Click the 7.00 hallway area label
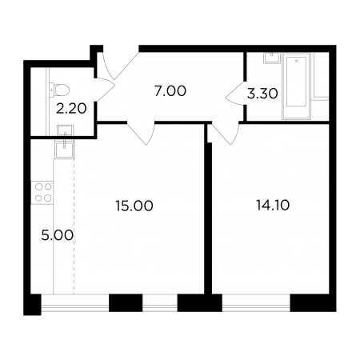pos(170,91)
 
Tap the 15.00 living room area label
pos(134,206)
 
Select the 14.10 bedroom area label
pos(273,206)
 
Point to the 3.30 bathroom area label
pos(262,94)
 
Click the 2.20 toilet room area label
pos(71,109)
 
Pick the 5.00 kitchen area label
pos(58,235)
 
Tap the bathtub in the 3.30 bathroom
pos(297,86)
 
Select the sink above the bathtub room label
pos(272,58)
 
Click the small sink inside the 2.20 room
pos(65,130)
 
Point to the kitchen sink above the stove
pos(64,150)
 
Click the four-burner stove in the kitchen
pos(42,193)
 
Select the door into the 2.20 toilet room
pos(105,90)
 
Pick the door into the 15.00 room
pos(141,134)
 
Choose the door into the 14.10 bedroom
pos(225,134)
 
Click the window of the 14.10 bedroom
pos(256,303)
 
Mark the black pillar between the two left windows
pos(126,302)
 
